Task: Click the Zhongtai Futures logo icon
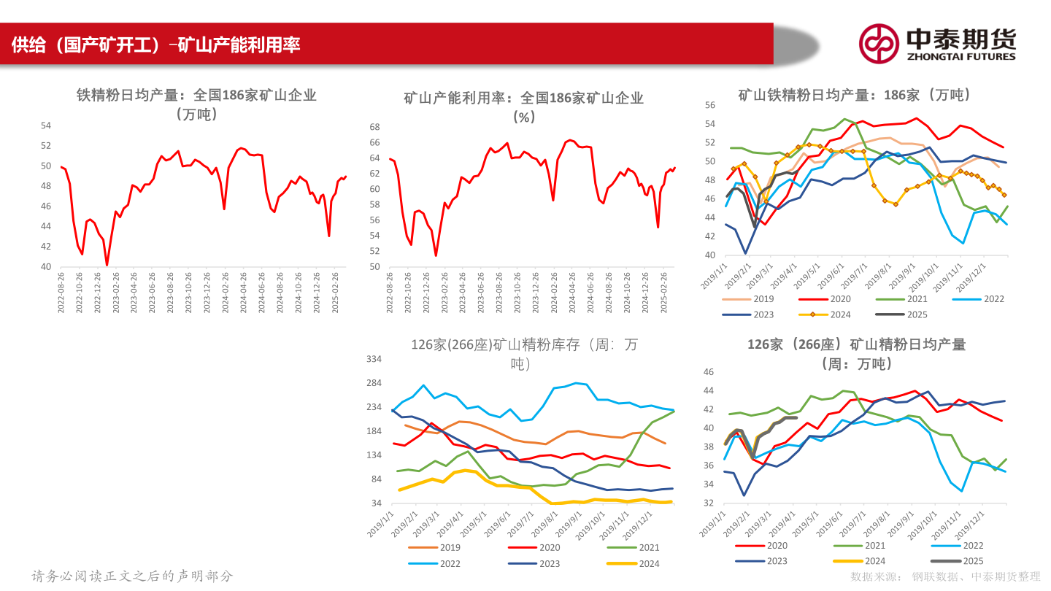click(x=878, y=43)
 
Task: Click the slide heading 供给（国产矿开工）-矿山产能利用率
click(x=156, y=45)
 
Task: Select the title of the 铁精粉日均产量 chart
click(x=196, y=104)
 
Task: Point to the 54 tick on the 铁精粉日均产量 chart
click(x=45, y=125)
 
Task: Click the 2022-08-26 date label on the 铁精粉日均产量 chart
click(x=61, y=293)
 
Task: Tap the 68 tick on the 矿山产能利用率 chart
click(x=375, y=126)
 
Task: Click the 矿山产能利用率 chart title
click(x=523, y=107)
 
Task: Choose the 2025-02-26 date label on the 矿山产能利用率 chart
click(x=664, y=293)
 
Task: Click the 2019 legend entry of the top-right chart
click(x=752, y=299)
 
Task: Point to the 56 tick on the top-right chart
click(x=709, y=104)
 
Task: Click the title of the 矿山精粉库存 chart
click(x=523, y=354)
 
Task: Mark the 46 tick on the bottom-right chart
click(x=707, y=372)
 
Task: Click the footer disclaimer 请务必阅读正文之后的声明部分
click(x=132, y=576)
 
